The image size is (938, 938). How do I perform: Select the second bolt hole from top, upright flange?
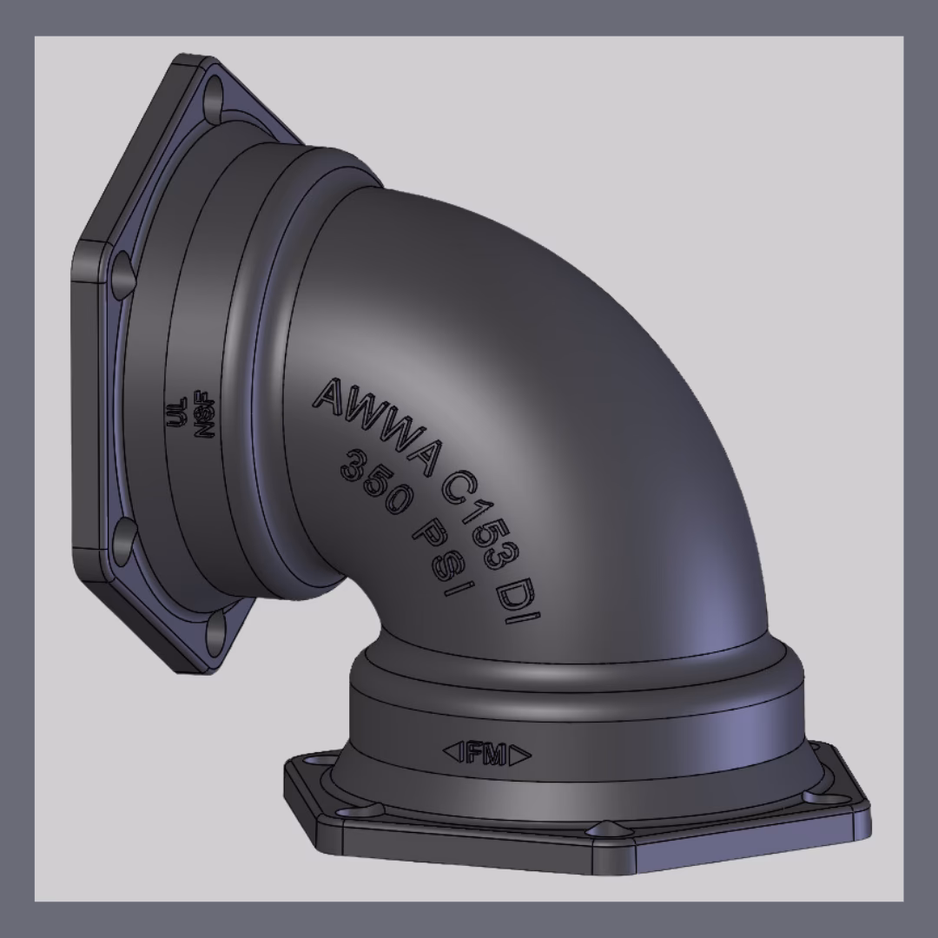pos(122,269)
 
